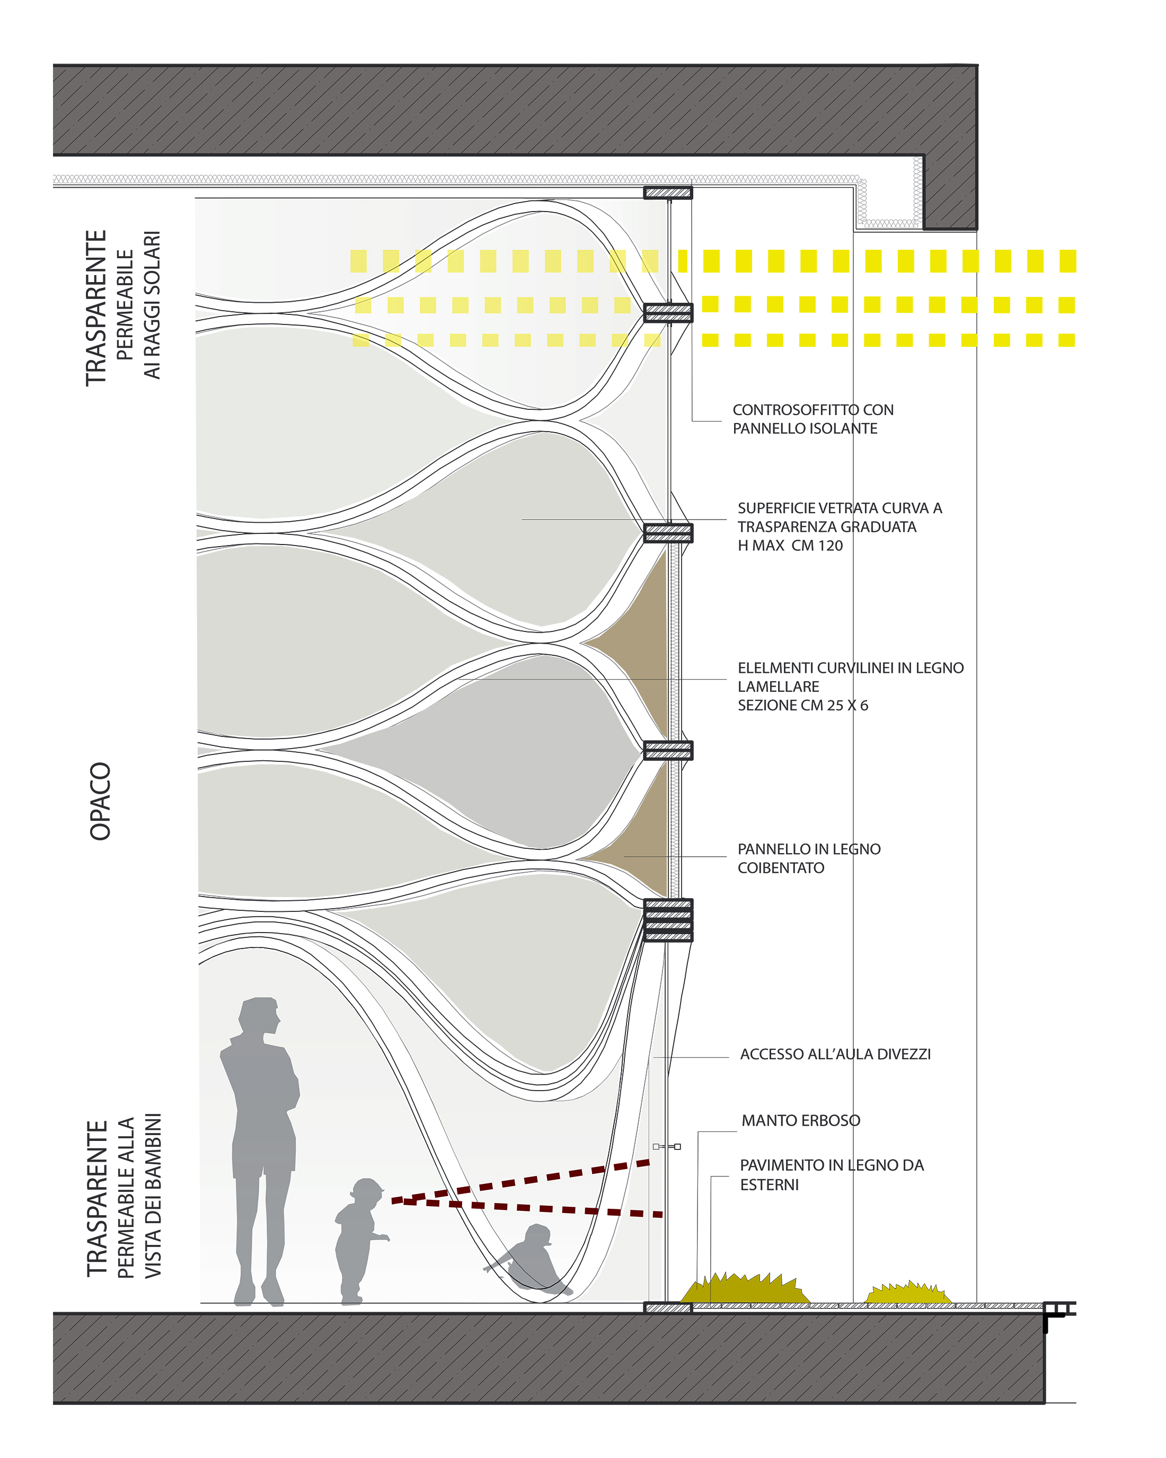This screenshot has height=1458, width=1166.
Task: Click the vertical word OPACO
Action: click(100, 801)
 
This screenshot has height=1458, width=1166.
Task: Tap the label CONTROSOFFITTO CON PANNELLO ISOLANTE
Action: click(812, 419)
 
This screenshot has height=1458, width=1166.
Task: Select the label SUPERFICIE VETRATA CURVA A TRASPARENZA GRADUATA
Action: click(840, 517)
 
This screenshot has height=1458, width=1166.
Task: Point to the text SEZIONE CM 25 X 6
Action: click(802, 705)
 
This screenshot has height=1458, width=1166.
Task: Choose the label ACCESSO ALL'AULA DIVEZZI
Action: click(835, 1055)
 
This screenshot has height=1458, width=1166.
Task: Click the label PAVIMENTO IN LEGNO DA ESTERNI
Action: click(832, 1175)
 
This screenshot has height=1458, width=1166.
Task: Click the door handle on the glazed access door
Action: click(667, 1146)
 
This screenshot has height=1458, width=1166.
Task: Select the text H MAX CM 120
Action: click(790, 546)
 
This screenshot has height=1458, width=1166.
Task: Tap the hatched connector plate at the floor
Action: click(668, 1308)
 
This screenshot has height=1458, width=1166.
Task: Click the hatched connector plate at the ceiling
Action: click(668, 193)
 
